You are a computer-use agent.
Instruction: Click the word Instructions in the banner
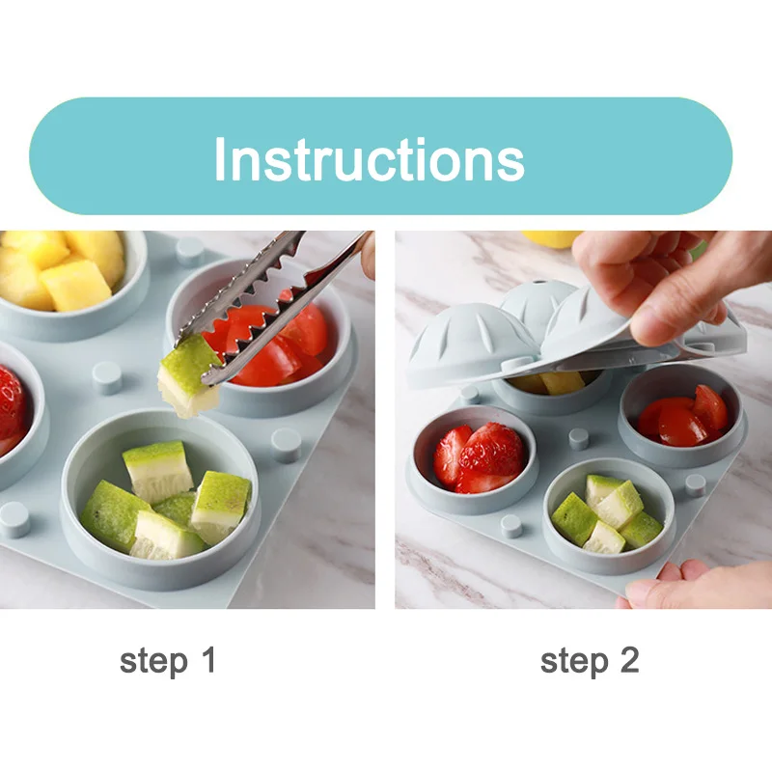[370, 158]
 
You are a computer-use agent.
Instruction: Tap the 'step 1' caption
[168, 660]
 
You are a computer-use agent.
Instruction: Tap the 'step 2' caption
[590, 660]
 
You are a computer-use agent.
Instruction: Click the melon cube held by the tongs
[189, 376]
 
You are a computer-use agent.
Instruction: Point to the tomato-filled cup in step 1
[261, 340]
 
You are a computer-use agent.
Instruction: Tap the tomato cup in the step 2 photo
[682, 416]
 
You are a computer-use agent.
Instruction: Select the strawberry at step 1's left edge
[12, 403]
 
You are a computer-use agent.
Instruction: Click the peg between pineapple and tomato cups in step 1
[190, 251]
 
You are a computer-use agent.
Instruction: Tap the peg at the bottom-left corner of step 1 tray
[14, 519]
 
